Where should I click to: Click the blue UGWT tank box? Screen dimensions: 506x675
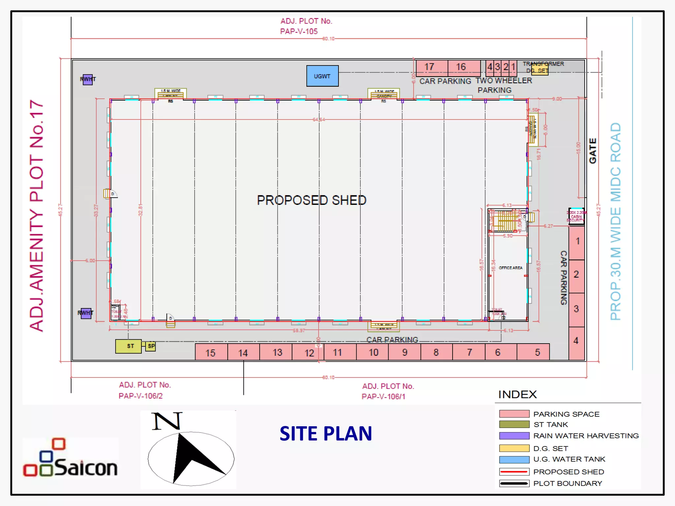pos(322,76)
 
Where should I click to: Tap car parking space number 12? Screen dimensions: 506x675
pos(309,352)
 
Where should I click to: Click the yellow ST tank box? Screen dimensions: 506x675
pos(129,346)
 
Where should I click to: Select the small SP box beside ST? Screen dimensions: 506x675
pos(151,346)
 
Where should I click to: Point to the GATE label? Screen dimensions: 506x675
pos(593,151)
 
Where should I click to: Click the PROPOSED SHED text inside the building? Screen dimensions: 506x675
pos(311,200)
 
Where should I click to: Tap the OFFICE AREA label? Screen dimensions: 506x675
pos(510,268)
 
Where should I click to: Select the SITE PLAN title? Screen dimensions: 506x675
pos(326,434)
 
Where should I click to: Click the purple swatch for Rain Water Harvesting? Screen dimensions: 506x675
pos(514,436)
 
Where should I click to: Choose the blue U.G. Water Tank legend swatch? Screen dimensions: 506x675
pos(514,460)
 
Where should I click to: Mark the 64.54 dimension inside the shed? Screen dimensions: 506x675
pos(318,119)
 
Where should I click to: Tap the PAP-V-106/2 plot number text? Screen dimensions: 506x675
pos(141,396)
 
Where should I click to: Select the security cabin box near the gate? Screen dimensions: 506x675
pos(576,216)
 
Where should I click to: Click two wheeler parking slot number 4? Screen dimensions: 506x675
pos(490,67)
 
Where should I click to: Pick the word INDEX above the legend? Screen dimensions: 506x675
pos(517,394)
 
